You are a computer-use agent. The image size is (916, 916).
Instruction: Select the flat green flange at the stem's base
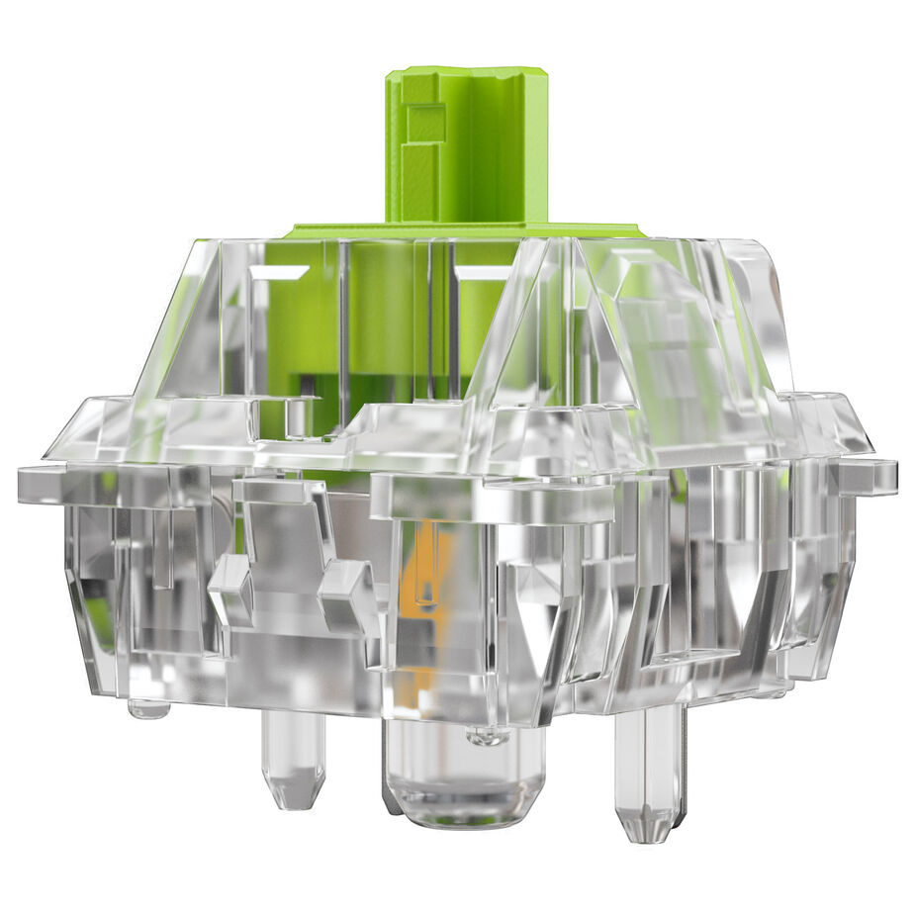(x=465, y=230)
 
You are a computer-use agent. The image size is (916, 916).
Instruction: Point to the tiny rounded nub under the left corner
(x=148, y=707)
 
